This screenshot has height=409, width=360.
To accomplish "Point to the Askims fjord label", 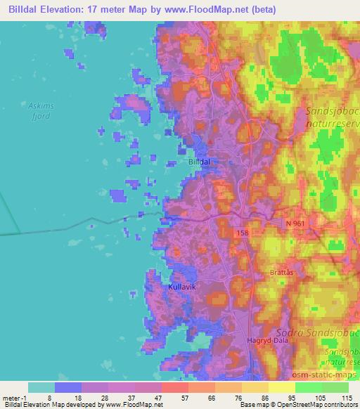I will point(39,111).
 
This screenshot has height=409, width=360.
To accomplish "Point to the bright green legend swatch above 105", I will point(309,387).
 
